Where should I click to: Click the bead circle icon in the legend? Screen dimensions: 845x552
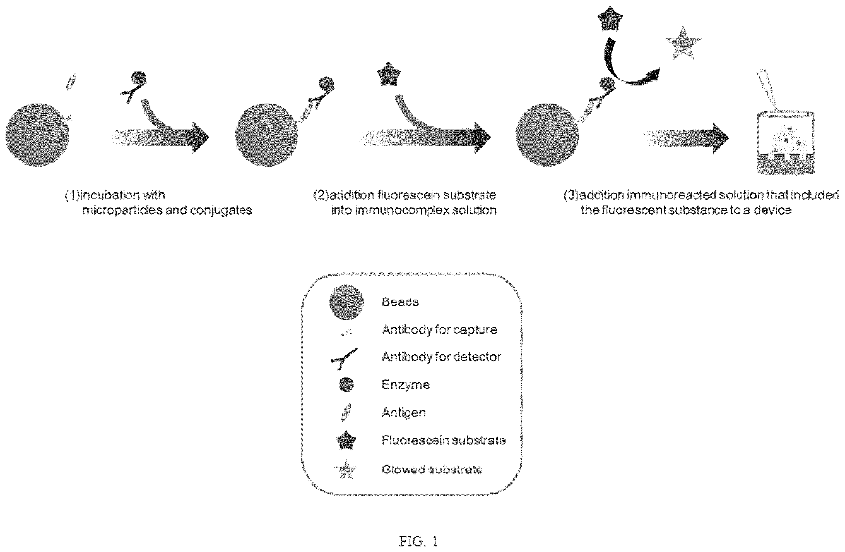(346, 302)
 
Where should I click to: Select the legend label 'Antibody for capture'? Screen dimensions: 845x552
(439, 330)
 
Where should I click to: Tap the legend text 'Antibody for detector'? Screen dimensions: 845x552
(441, 357)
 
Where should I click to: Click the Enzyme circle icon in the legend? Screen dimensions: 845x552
(346, 384)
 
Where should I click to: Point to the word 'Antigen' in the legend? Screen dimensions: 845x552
(403, 412)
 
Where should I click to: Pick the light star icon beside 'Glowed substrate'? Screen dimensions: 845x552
(346, 470)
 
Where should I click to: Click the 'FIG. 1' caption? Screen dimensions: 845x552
(418, 541)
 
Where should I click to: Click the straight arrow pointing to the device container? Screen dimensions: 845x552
(686, 138)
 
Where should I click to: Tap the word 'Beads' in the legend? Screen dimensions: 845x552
(400, 302)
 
